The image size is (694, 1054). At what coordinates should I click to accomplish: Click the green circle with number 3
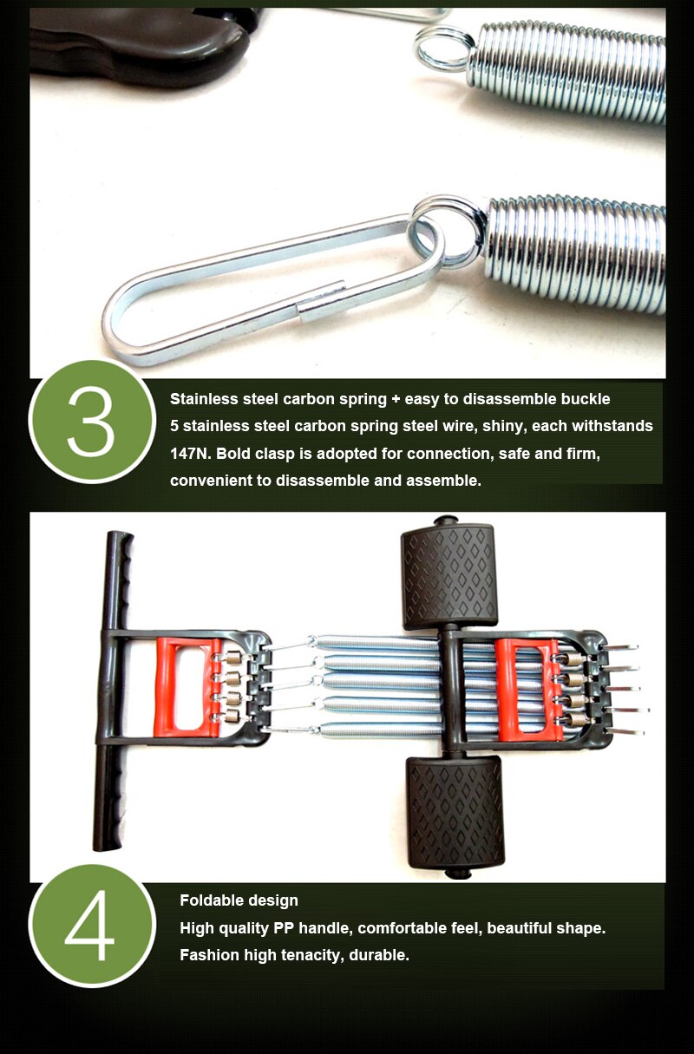pos(92,421)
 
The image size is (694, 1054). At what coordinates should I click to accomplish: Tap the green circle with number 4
pos(92,928)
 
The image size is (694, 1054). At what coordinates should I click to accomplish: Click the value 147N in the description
pos(190,454)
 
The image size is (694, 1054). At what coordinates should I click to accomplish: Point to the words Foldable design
pos(239,900)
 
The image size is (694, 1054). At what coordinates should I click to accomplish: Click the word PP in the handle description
pos(285,928)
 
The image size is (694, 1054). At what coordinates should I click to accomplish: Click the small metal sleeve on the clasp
pos(322,300)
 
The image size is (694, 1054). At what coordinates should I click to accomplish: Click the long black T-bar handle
pos(111,691)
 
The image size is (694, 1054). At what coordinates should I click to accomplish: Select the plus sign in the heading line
pos(396,399)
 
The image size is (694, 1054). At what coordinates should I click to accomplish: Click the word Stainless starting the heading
pos(204,399)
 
